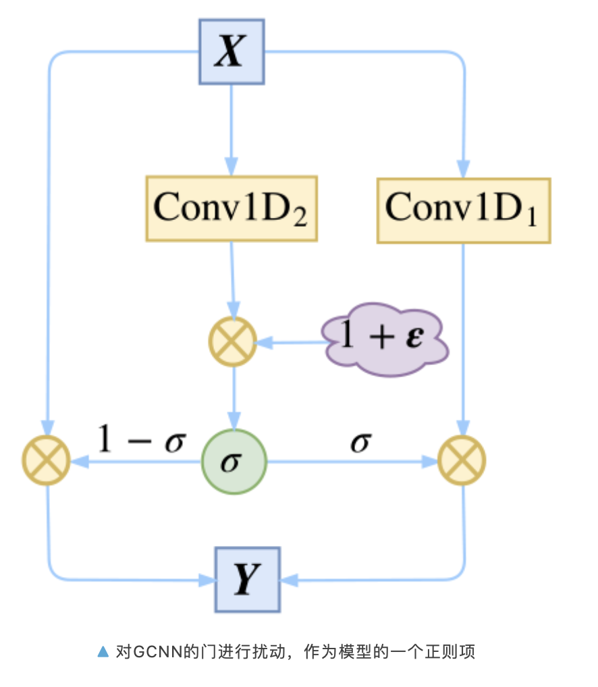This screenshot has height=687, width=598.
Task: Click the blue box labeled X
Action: pyautogui.click(x=232, y=52)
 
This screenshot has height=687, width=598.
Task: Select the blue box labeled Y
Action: pyautogui.click(x=247, y=580)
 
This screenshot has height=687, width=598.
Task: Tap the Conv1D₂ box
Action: pyautogui.click(x=231, y=209)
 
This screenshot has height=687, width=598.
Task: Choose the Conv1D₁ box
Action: pyautogui.click(x=463, y=209)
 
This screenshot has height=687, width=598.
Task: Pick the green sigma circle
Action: pyautogui.click(x=234, y=462)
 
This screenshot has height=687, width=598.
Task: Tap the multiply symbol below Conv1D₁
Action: pyautogui.click(x=462, y=462)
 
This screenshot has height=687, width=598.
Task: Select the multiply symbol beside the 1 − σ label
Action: pyautogui.click(x=46, y=462)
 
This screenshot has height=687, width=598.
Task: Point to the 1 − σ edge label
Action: pyautogui.click(x=142, y=440)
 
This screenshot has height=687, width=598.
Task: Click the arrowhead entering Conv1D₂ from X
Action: pyautogui.click(x=232, y=166)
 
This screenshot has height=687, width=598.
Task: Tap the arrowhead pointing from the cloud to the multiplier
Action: pyautogui.click(x=265, y=342)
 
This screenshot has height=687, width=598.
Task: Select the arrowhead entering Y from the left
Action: pyautogui.click(x=206, y=579)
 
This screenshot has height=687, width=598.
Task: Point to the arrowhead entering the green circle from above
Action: pyautogui.click(x=234, y=420)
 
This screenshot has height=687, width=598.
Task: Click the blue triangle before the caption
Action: pyautogui.click(x=103, y=651)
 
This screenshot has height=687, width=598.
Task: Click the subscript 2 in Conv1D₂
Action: pyautogui.click(x=299, y=217)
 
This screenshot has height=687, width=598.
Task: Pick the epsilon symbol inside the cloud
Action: pyautogui.click(x=414, y=337)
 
